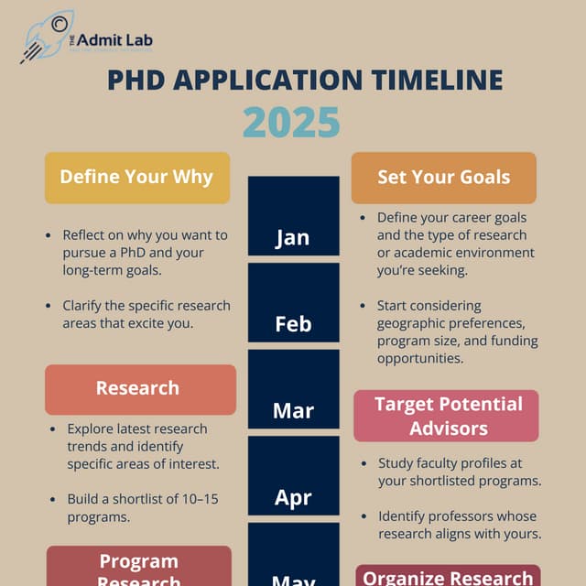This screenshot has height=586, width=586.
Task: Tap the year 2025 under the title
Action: (x=292, y=122)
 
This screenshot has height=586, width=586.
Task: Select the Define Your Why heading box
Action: (x=136, y=177)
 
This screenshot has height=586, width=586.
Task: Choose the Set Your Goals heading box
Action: (x=443, y=177)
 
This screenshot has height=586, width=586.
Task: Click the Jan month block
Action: (x=293, y=237)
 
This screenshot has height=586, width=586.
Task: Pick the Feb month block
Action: (x=293, y=323)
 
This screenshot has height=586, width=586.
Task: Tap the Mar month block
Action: (x=293, y=410)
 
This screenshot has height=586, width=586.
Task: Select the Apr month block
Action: (x=293, y=497)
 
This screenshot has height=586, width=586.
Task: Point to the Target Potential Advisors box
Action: (x=448, y=416)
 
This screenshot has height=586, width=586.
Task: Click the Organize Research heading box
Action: (x=448, y=576)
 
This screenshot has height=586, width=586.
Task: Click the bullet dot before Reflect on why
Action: (x=48, y=235)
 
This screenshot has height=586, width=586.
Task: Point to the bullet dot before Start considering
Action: (x=363, y=306)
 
